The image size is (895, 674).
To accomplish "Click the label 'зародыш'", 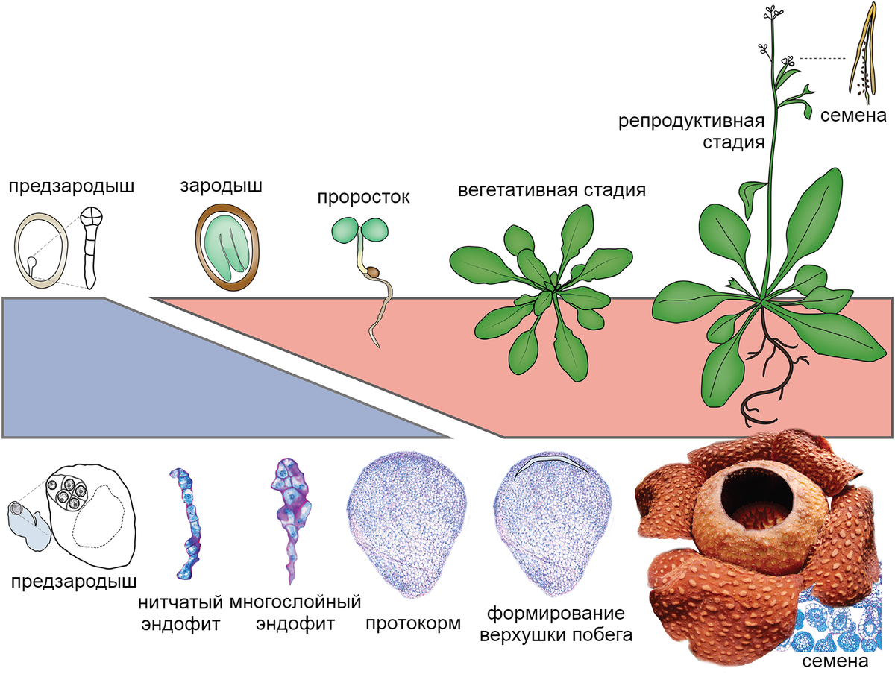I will [x=221, y=186].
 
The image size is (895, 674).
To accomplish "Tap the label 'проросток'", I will [x=363, y=198].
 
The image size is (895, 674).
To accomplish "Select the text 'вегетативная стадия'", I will [x=551, y=189].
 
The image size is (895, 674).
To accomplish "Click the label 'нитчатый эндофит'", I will [x=181, y=612].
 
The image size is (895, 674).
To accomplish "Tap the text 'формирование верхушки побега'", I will [x=556, y=626].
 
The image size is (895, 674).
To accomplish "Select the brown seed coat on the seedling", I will [x=370, y=274].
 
